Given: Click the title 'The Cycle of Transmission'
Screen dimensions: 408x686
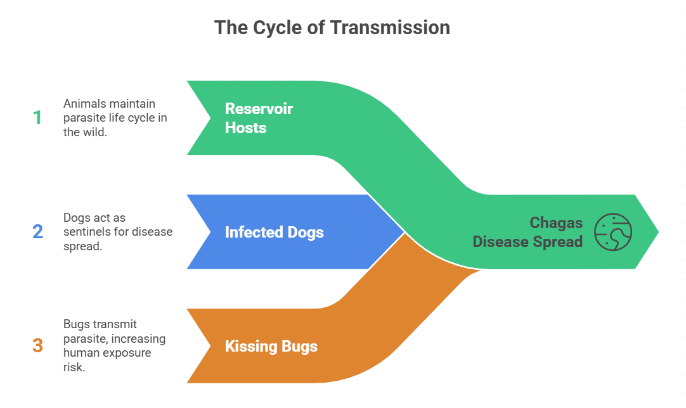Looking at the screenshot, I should pos(332,28).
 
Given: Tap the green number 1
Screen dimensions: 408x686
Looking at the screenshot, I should pos(37,118).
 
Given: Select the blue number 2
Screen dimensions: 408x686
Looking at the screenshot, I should pos(37,232).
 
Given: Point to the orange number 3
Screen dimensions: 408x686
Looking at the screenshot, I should pos(37,346).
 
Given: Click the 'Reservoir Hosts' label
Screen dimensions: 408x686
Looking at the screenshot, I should pos(259,118).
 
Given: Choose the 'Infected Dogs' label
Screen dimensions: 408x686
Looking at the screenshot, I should pos(274,232).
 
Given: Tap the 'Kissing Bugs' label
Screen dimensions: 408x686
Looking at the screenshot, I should pos(271,347).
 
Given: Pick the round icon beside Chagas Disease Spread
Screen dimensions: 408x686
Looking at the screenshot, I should pos(613,232).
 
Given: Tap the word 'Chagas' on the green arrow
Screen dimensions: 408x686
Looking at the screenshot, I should pos(556,223).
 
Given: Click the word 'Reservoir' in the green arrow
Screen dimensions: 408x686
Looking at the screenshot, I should pos(259,108).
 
